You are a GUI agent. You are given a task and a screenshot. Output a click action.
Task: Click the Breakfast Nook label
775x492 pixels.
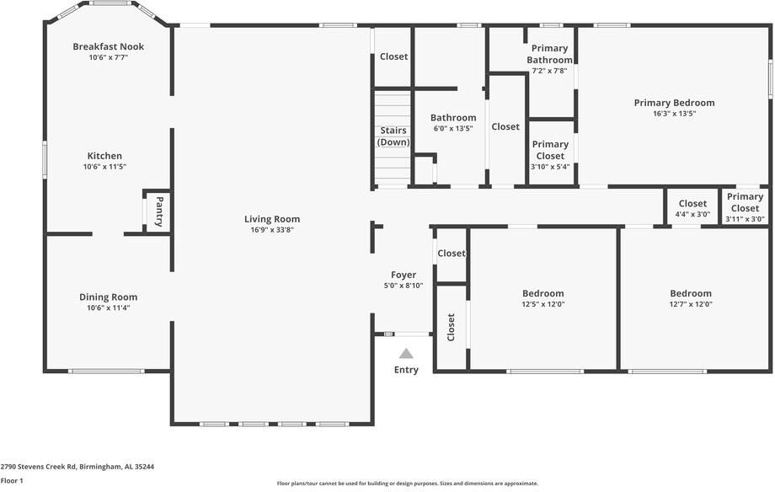click(x=108, y=46)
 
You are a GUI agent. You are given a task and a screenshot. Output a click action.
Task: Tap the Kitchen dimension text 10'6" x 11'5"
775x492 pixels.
click(x=105, y=167)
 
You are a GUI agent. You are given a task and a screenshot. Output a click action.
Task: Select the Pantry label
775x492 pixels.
click(x=158, y=211)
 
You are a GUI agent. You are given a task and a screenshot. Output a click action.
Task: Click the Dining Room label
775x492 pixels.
click(x=108, y=297)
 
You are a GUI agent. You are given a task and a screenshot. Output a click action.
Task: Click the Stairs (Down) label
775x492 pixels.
click(x=393, y=136)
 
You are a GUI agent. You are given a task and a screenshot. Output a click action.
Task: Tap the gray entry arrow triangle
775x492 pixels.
click(x=406, y=354)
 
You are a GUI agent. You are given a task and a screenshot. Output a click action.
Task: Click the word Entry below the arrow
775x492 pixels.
click(x=406, y=370)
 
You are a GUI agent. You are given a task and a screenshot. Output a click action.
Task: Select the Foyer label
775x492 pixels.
click(x=404, y=275)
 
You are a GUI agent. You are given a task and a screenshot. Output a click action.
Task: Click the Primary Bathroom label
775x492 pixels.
click(x=549, y=54)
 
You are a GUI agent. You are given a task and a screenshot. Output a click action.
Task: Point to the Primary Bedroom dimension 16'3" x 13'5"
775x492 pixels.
click(x=674, y=114)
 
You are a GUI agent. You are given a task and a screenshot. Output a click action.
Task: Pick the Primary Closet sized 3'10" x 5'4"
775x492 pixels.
click(x=550, y=150)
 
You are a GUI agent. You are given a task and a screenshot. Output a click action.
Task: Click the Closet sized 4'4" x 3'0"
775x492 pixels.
click(x=692, y=208)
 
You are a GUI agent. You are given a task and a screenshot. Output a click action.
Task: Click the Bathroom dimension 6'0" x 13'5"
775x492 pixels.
click(x=453, y=129)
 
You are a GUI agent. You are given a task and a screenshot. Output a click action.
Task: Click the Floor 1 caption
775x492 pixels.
click(x=12, y=480)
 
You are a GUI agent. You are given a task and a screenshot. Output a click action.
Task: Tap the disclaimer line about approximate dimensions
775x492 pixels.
click(x=407, y=484)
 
